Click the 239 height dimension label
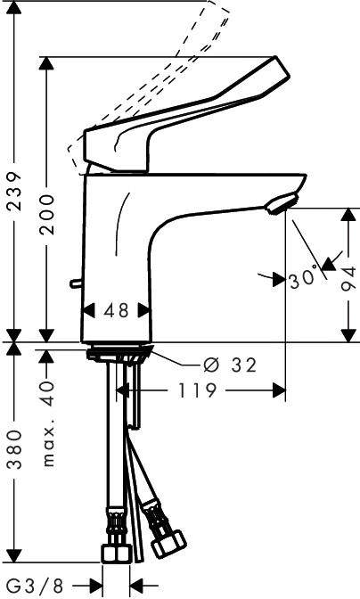pos(15,192)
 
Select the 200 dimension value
pos(48,214)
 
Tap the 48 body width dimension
pos(117,310)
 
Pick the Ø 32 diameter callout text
pos(230,365)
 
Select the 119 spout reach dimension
pos(198,390)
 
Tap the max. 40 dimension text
pos(48,423)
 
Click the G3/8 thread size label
pos(35,585)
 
